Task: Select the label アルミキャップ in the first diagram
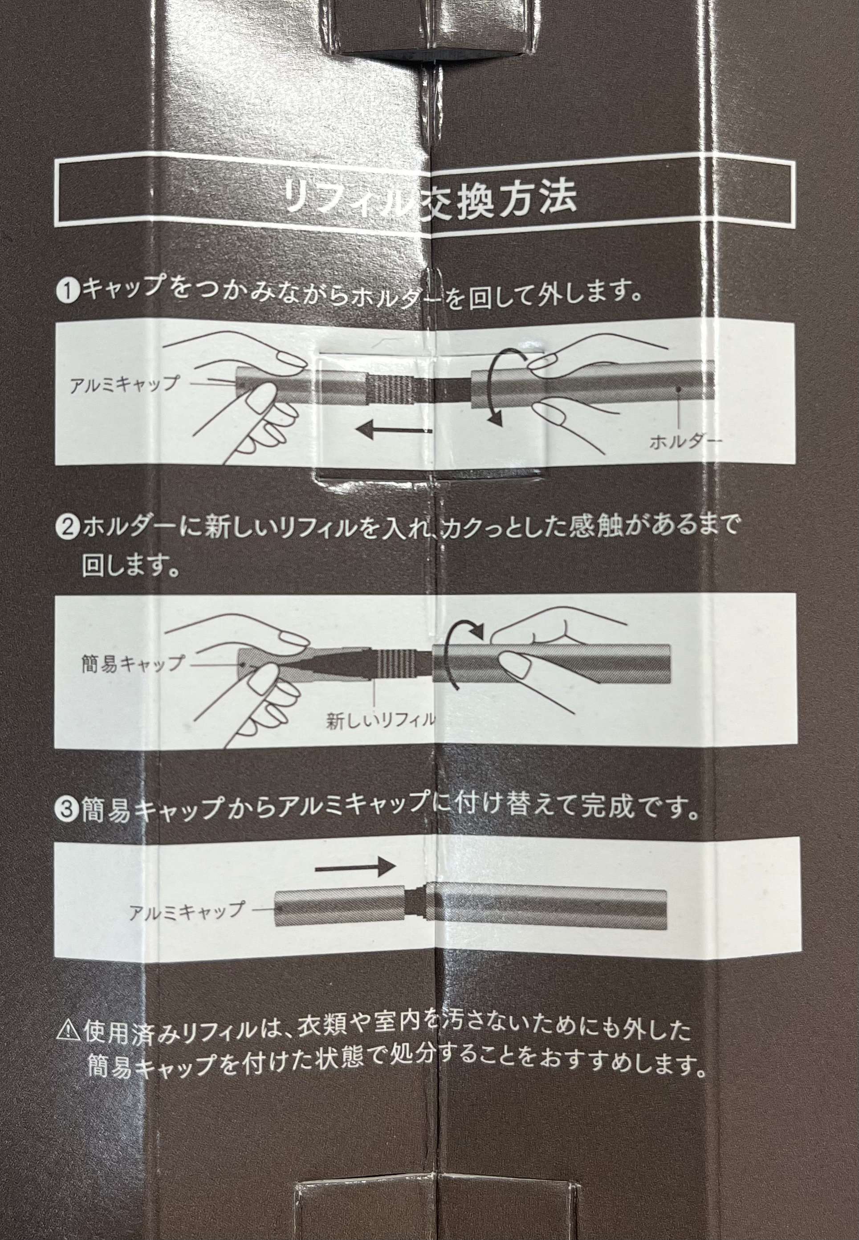point(124,384)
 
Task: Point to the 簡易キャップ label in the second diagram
point(132,663)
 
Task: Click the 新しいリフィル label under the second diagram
point(380,720)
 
